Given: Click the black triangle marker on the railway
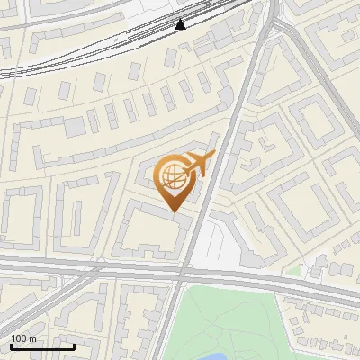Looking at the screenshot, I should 181,24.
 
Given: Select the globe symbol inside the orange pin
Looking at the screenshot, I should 173,176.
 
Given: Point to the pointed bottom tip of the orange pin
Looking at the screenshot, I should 175,212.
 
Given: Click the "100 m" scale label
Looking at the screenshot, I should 23,338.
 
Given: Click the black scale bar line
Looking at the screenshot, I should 42,346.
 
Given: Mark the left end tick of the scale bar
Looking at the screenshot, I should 11,346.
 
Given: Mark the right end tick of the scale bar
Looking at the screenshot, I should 74,346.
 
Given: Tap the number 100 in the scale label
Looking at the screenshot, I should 19,338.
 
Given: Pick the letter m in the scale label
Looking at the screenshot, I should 32,338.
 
